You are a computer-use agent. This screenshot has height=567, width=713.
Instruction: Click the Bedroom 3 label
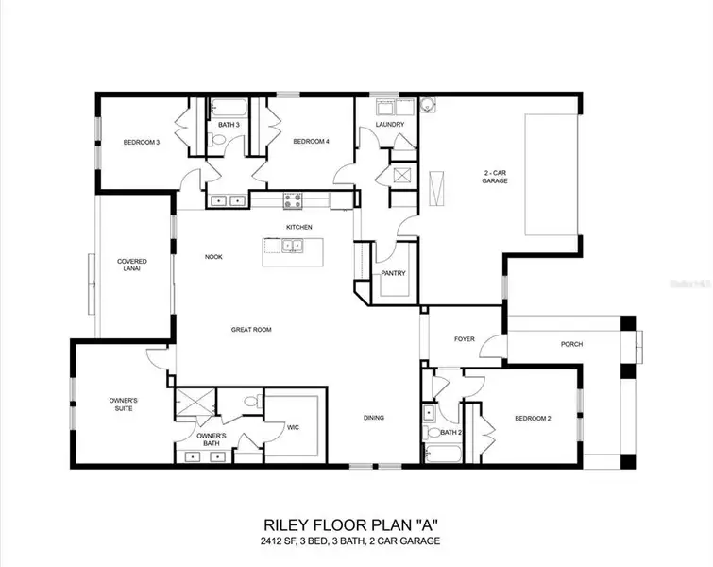pyautogui.click(x=142, y=143)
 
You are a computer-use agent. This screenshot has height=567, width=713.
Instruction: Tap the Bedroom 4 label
pyautogui.click(x=311, y=142)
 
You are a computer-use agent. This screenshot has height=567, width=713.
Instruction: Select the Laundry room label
pyautogui.click(x=390, y=124)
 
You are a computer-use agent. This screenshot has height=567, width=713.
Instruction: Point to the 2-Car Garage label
pyautogui.click(x=495, y=177)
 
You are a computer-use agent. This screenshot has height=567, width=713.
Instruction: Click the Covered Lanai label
pyautogui.click(x=132, y=265)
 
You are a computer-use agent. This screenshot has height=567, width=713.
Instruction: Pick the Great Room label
pyautogui.click(x=251, y=330)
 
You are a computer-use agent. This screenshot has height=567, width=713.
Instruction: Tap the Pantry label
pyautogui.click(x=393, y=273)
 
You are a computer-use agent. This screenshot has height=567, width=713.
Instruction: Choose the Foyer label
pyautogui.click(x=465, y=339)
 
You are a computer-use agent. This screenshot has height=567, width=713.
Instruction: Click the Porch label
pyautogui.click(x=571, y=345)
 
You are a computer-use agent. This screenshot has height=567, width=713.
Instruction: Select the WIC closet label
pyautogui.click(x=294, y=427)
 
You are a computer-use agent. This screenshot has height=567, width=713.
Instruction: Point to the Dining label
pyautogui.click(x=374, y=418)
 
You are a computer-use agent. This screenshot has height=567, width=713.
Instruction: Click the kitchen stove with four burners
pyautogui.click(x=293, y=200)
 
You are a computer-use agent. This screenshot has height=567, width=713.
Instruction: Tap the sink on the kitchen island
pyautogui.click(x=292, y=247)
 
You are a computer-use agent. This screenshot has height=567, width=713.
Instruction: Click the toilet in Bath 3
pyautogui.click(x=214, y=140)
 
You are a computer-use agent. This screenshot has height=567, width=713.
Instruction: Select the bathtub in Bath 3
pyautogui.click(x=229, y=108)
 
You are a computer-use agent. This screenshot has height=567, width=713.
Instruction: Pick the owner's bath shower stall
pyautogui.click(x=195, y=403)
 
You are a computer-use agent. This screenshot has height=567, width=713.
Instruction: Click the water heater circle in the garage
pyautogui.click(x=428, y=104)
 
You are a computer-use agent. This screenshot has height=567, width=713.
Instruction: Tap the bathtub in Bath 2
pyautogui.click(x=443, y=455)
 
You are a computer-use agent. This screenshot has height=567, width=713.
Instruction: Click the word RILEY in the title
pyautogui.click(x=288, y=525)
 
